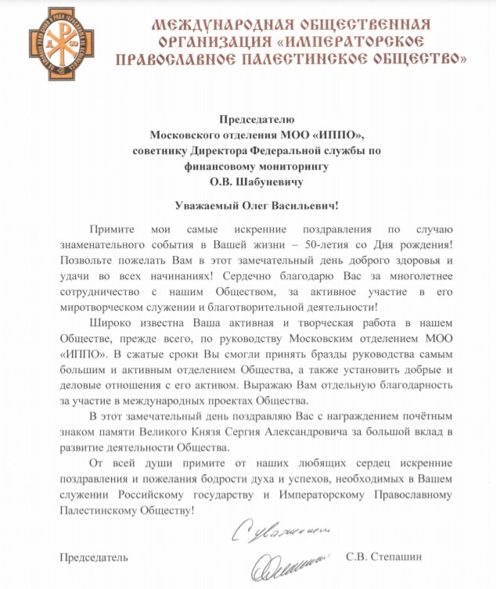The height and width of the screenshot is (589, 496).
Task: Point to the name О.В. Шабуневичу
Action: click(248, 181)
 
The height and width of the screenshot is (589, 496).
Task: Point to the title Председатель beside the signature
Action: click(93, 558)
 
